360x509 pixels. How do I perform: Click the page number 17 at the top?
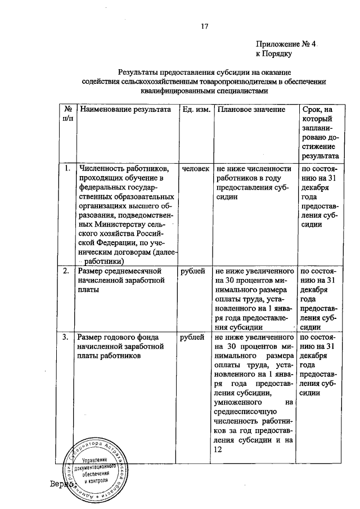[205, 26]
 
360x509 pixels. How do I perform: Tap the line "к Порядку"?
[273, 55]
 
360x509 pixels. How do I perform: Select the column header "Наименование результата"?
[125, 110]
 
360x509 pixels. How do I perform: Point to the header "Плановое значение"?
[251, 110]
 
